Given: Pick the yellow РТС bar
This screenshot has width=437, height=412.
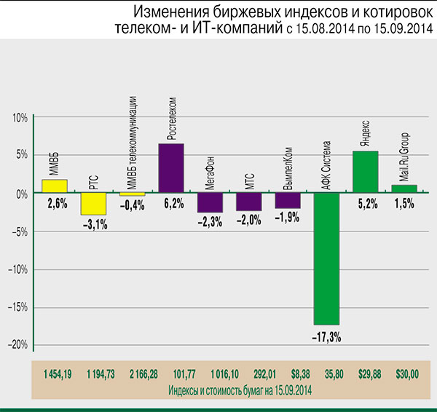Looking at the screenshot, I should [x=94, y=204].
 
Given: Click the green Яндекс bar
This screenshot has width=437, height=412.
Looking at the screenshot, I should [x=365, y=172].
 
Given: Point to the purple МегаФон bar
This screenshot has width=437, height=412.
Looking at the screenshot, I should [x=210, y=202].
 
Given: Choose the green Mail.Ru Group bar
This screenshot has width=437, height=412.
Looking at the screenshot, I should [x=403, y=189].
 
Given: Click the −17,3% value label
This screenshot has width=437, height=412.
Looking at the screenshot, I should [x=326, y=337].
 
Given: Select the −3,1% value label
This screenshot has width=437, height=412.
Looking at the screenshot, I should [x=94, y=226].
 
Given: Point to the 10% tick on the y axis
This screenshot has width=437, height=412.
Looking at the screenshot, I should [x=19, y=117].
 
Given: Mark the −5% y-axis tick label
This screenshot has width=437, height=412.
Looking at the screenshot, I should [x=18, y=231].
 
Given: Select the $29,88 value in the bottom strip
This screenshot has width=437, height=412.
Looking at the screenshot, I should [x=366, y=373].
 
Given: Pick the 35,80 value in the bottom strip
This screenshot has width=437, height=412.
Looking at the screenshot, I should [x=326, y=373].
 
